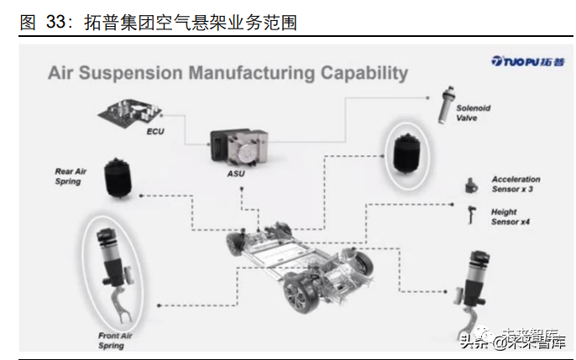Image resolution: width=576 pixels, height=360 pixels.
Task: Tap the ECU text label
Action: coord(155,133)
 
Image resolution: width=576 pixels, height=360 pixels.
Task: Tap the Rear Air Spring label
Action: coord(71,176)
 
